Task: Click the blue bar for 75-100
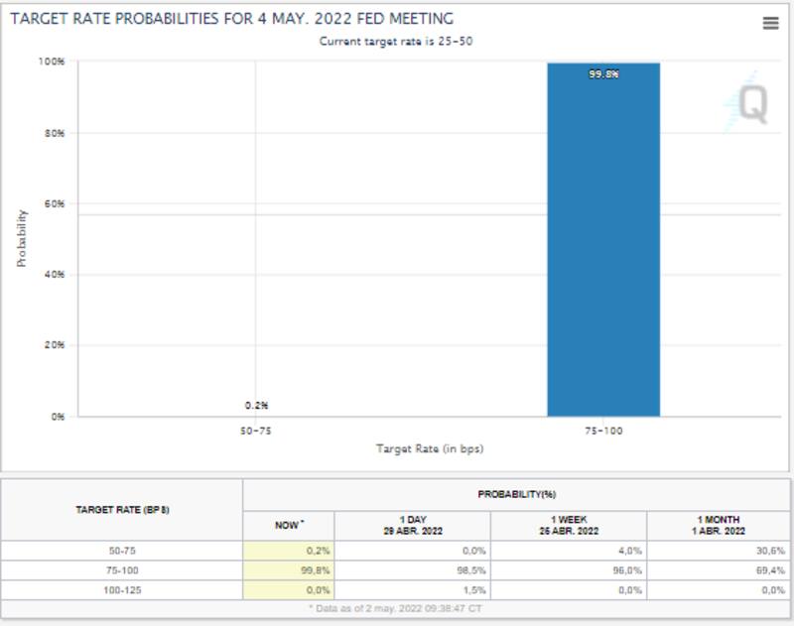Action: (x=603, y=248)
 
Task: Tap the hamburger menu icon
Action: (x=770, y=24)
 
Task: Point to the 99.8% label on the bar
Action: (x=603, y=73)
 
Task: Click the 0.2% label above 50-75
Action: (x=256, y=405)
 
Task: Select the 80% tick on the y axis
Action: (x=57, y=133)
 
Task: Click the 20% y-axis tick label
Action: (x=57, y=345)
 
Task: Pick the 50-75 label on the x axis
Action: (x=255, y=432)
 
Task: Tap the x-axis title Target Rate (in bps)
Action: (x=430, y=448)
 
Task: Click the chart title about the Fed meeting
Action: (x=231, y=19)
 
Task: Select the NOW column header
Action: (x=289, y=525)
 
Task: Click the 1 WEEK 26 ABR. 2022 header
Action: (x=568, y=525)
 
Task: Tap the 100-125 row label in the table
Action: (x=122, y=590)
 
